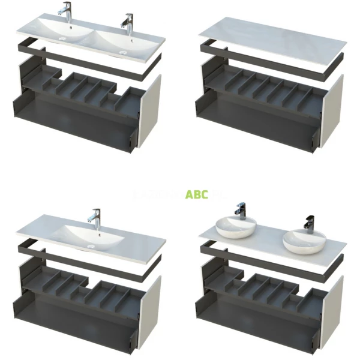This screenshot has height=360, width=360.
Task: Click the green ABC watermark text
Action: [x=197, y=194]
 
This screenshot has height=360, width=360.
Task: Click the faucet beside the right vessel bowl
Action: [x=309, y=223]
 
